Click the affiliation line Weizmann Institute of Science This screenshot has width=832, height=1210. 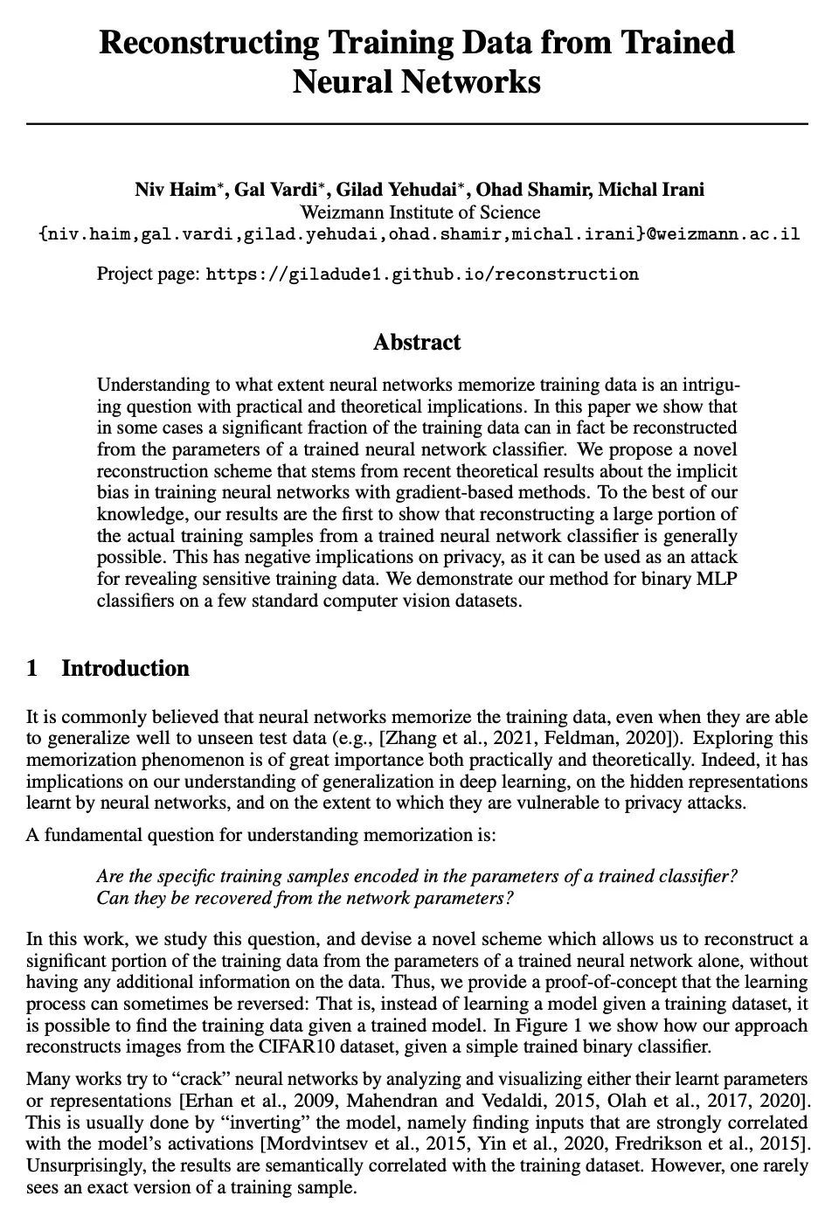419,212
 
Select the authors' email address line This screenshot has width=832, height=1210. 419,235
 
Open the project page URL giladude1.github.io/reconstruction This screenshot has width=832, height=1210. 422,275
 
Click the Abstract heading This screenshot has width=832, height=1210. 417,342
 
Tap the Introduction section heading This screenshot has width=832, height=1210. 125,669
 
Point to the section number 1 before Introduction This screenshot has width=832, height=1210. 32,669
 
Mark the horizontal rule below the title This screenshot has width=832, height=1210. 417,124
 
